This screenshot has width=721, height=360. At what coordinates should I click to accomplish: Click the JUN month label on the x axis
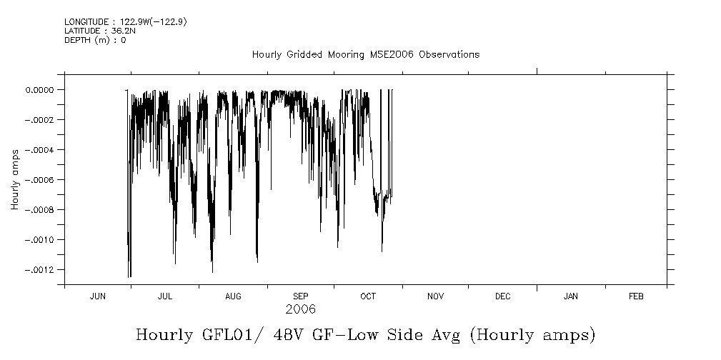[98, 296]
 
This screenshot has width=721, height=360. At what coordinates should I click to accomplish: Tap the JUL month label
[165, 296]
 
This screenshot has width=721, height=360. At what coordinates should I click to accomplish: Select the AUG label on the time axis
[233, 296]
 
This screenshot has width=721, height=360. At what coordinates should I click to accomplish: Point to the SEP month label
[301, 296]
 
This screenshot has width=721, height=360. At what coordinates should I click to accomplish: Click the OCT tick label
[368, 296]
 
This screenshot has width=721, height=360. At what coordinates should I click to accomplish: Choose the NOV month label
[435, 296]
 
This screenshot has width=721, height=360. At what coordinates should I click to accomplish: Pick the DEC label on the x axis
[502, 296]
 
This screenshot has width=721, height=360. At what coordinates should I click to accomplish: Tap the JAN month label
[571, 296]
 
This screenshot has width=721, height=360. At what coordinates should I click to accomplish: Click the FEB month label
[636, 296]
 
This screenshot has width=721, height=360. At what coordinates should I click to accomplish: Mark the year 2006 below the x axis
[300, 310]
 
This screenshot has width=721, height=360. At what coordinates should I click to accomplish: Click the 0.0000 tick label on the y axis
[40, 90]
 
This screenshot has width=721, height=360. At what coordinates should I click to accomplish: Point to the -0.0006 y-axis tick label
[38, 180]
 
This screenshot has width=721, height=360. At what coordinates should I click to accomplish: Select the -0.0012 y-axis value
[38, 270]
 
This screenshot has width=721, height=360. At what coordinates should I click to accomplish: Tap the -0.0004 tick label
[38, 150]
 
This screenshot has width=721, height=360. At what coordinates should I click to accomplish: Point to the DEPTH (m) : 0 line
[95, 40]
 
